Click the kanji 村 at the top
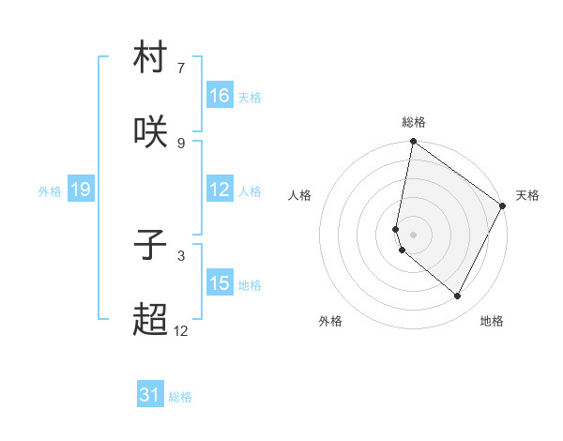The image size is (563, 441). [x=151, y=60]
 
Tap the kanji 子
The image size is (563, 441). [x=151, y=245]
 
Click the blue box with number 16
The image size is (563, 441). [x=220, y=96]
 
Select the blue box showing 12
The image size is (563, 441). [x=220, y=190]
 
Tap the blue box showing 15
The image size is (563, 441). [x=220, y=283]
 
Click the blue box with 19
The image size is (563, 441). [x=81, y=190]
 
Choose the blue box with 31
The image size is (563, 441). [x=150, y=395]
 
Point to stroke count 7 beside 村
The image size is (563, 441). [x=180, y=68]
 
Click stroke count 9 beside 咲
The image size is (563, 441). [x=180, y=143]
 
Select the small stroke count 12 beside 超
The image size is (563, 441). [x=180, y=330]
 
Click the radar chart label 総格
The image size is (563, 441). [x=414, y=122]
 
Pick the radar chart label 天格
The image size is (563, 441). [x=527, y=195]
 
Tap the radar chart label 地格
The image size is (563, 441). [x=492, y=321]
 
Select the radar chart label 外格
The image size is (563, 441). [x=330, y=321]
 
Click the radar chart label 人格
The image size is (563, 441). [x=300, y=195]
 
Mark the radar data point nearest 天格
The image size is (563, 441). [x=503, y=206]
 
